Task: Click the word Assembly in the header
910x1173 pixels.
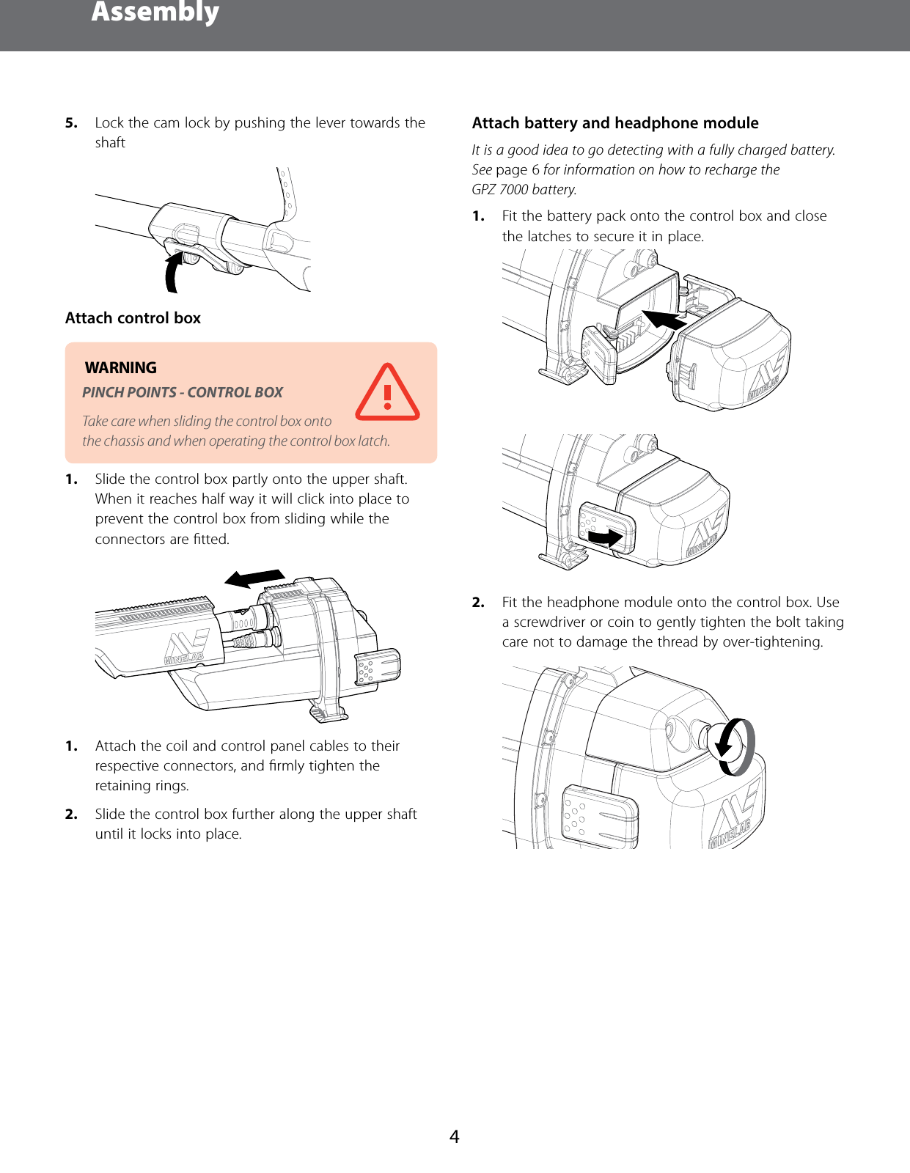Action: (x=155, y=12)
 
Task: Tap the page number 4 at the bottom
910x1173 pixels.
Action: (x=454, y=1136)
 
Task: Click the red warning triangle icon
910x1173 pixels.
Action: (x=387, y=394)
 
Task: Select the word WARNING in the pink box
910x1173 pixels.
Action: (x=121, y=368)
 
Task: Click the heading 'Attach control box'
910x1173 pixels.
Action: (x=133, y=318)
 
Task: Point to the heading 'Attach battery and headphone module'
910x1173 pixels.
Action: (x=614, y=123)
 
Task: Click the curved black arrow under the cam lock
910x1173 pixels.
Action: (x=173, y=271)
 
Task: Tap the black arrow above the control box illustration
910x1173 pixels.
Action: (x=254, y=578)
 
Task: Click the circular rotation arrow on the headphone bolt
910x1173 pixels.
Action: (x=735, y=746)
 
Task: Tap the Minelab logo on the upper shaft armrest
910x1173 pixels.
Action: (x=184, y=648)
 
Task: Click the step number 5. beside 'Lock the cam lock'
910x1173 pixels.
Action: (x=71, y=123)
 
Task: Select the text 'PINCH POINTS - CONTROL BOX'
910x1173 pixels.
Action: (x=182, y=393)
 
